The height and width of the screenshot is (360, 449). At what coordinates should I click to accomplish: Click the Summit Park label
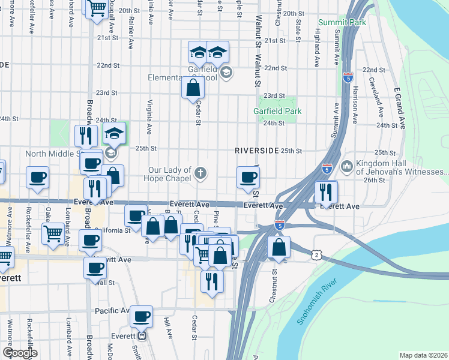click(x=342, y=23)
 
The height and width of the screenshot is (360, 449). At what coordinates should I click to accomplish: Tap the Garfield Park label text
click(x=277, y=111)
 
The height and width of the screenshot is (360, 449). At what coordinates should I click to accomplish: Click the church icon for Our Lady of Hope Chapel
click(x=201, y=174)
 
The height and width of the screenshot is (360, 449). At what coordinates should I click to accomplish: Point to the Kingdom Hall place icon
click(x=346, y=166)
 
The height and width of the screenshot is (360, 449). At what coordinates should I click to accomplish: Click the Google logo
click(x=19, y=352)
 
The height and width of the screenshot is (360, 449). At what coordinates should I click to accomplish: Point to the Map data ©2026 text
click(x=423, y=355)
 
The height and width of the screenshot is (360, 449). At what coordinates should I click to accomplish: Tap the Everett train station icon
click(x=143, y=337)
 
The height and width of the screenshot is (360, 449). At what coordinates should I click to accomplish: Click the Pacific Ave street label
click(x=112, y=311)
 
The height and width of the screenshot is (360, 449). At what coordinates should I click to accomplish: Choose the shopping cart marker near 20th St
click(x=97, y=9)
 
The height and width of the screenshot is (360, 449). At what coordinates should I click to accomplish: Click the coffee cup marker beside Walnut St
click(x=248, y=178)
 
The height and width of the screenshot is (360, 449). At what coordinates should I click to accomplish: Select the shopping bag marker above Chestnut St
click(x=279, y=247)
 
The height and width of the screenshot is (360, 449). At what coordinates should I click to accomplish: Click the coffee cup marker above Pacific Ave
click(x=142, y=316)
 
